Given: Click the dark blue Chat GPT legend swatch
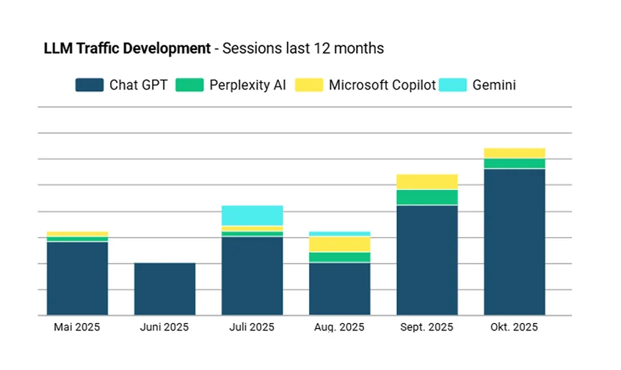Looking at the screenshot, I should pyautogui.click(x=89, y=85).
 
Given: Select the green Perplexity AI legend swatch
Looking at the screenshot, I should pyautogui.click(x=189, y=85).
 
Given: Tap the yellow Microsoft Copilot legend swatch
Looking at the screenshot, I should pyautogui.click(x=309, y=85).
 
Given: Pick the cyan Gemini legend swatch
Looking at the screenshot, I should pyautogui.click(x=452, y=85).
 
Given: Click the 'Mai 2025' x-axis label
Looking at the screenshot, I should pyautogui.click(x=77, y=327).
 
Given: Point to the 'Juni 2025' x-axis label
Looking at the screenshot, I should pyautogui.click(x=164, y=327).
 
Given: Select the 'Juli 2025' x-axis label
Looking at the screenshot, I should pyautogui.click(x=252, y=327).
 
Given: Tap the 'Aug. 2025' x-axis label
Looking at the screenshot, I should pyautogui.click(x=339, y=327).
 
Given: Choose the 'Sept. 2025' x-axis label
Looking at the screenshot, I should pyautogui.click(x=426, y=327).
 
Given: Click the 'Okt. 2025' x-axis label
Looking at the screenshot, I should pyautogui.click(x=514, y=327).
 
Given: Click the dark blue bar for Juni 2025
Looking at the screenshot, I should pyautogui.click(x=164, y=289).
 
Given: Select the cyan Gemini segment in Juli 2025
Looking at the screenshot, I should pyautogui.click(x=252, y=216).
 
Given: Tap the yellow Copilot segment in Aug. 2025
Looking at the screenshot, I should pyautogui.click(x=339, y=244).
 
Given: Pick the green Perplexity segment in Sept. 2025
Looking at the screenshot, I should pyautogui.click(x=426, y=197).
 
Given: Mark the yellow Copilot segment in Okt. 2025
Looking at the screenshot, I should pyautogui.click(x=514, y=153).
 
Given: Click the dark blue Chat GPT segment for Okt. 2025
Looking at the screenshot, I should pyautogui.click(x=514, y=242).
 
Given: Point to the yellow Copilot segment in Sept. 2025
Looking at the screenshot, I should pyautogui.click(x=426, y=182).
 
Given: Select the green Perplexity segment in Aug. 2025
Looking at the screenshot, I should pyautogui.click(x=339, y=257).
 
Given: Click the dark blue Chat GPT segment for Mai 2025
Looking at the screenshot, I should pyautogui.click(x=77, y=278).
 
